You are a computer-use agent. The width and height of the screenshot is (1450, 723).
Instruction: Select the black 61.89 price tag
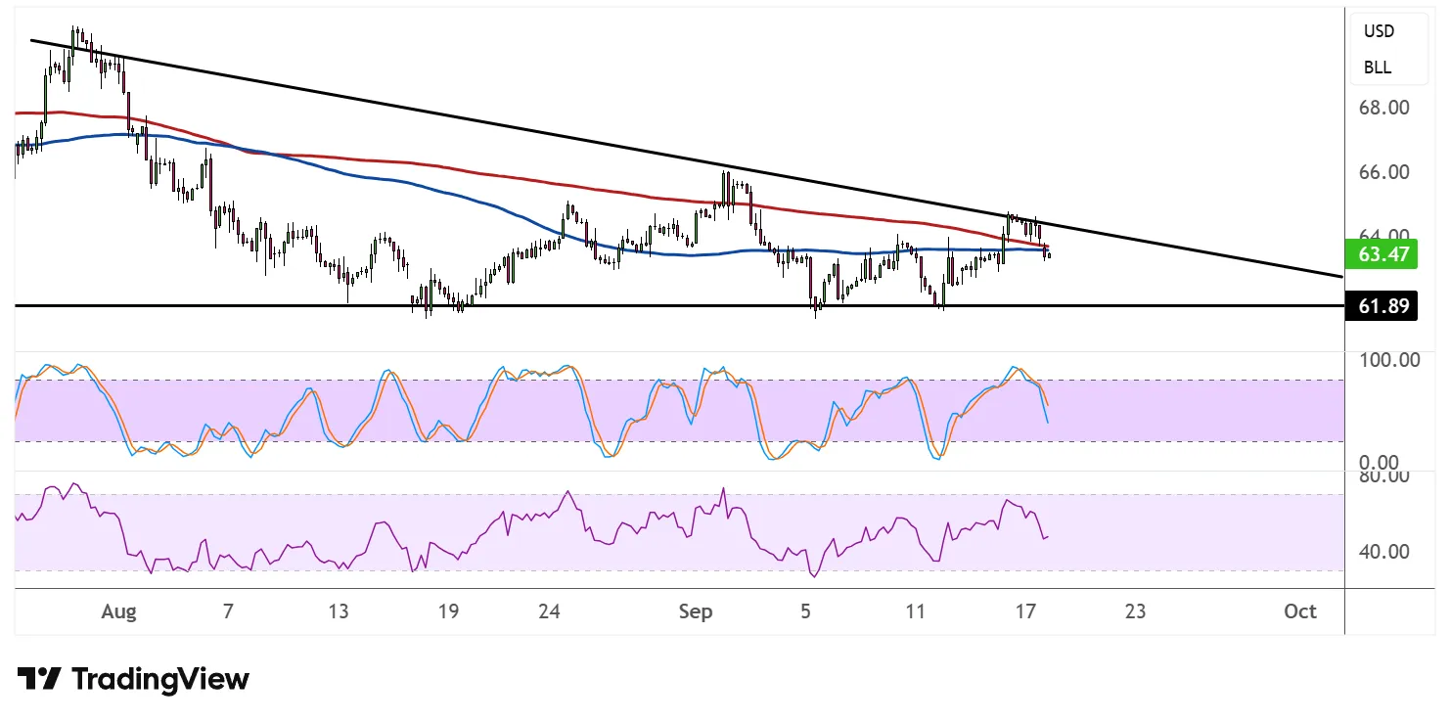1382,306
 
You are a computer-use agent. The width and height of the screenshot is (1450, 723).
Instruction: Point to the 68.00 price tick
1382,107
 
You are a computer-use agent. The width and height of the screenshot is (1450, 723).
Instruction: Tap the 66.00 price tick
1382,172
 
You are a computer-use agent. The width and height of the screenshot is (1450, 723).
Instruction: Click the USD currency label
1379,31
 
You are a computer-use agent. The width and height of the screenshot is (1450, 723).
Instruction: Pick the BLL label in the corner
1378,68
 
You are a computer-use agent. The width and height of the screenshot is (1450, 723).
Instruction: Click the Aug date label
118,612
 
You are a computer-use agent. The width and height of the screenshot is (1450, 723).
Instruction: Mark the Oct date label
1300,612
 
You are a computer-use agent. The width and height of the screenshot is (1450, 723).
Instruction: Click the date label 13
338,612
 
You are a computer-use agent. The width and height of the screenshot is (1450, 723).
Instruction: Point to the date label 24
549,612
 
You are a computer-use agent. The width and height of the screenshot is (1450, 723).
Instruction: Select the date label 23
1135,612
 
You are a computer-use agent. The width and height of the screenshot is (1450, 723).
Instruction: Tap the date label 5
805,612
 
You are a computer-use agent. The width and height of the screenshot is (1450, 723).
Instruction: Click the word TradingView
161,679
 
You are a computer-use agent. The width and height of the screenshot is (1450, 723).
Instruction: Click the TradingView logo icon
40,679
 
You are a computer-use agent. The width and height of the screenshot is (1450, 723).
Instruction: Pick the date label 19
448,612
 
